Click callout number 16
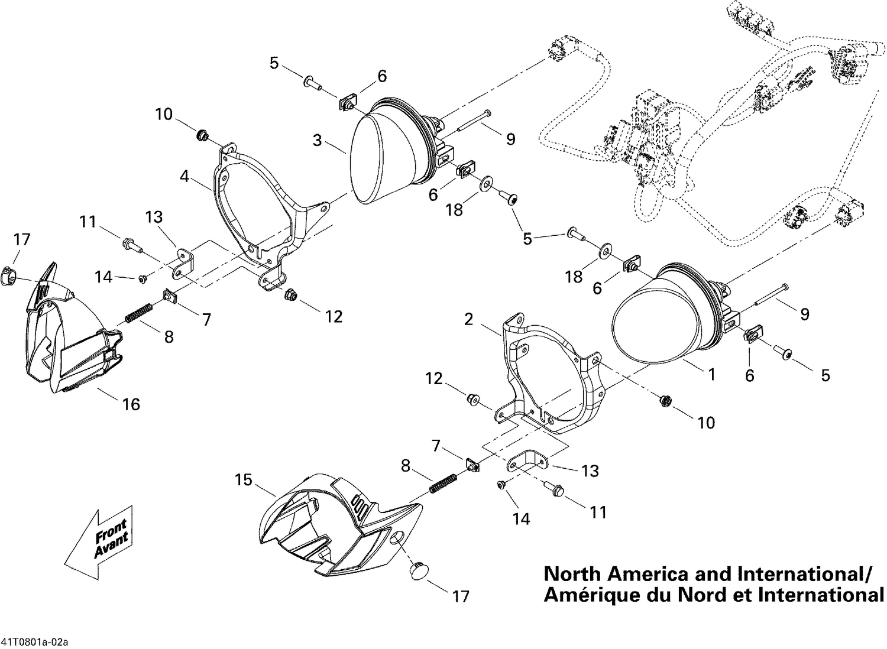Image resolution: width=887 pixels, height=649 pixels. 131,404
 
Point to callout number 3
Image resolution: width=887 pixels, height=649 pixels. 318,141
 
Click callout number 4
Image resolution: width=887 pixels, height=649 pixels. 185,176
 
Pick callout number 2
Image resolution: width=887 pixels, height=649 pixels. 469,320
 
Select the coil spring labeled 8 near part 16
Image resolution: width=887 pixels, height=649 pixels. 140,313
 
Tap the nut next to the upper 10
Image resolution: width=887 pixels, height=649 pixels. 202,136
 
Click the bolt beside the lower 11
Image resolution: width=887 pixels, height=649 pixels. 556,489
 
